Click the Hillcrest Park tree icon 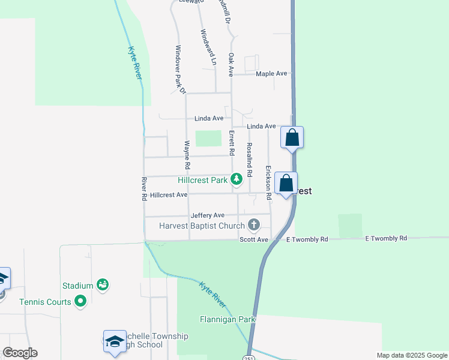click(237, 178)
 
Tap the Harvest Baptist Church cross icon click(254, 226)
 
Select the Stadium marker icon click(103, 284)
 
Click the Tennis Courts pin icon click(80, 302)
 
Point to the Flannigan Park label click(228, 319)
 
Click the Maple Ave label click(271, 74)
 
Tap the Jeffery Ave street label click(207, 215)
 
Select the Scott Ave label click(254, 239)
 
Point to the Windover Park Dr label click(180, 69)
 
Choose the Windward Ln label click(207, 47)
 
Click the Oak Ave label click(231, 64)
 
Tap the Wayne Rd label click(187, 154)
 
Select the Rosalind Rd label click(249, 158)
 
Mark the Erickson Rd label click(268, 182)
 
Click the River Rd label click(144, 188)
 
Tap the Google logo click(20, 353)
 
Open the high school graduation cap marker click(115, 341)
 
